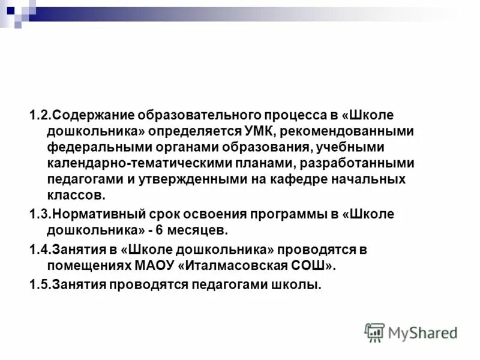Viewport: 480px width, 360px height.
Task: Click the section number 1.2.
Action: tap(40, 115)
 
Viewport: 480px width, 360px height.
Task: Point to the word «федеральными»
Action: tap(87, 147)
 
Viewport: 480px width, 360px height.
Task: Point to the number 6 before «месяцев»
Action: tap(160, 230)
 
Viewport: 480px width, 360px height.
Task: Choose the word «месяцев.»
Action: tap(197, 230)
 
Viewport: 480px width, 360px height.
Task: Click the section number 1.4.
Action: tap(40, 249)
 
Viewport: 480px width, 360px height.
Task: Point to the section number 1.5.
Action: tap(40, 286)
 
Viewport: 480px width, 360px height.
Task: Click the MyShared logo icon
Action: tap(374, 332)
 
